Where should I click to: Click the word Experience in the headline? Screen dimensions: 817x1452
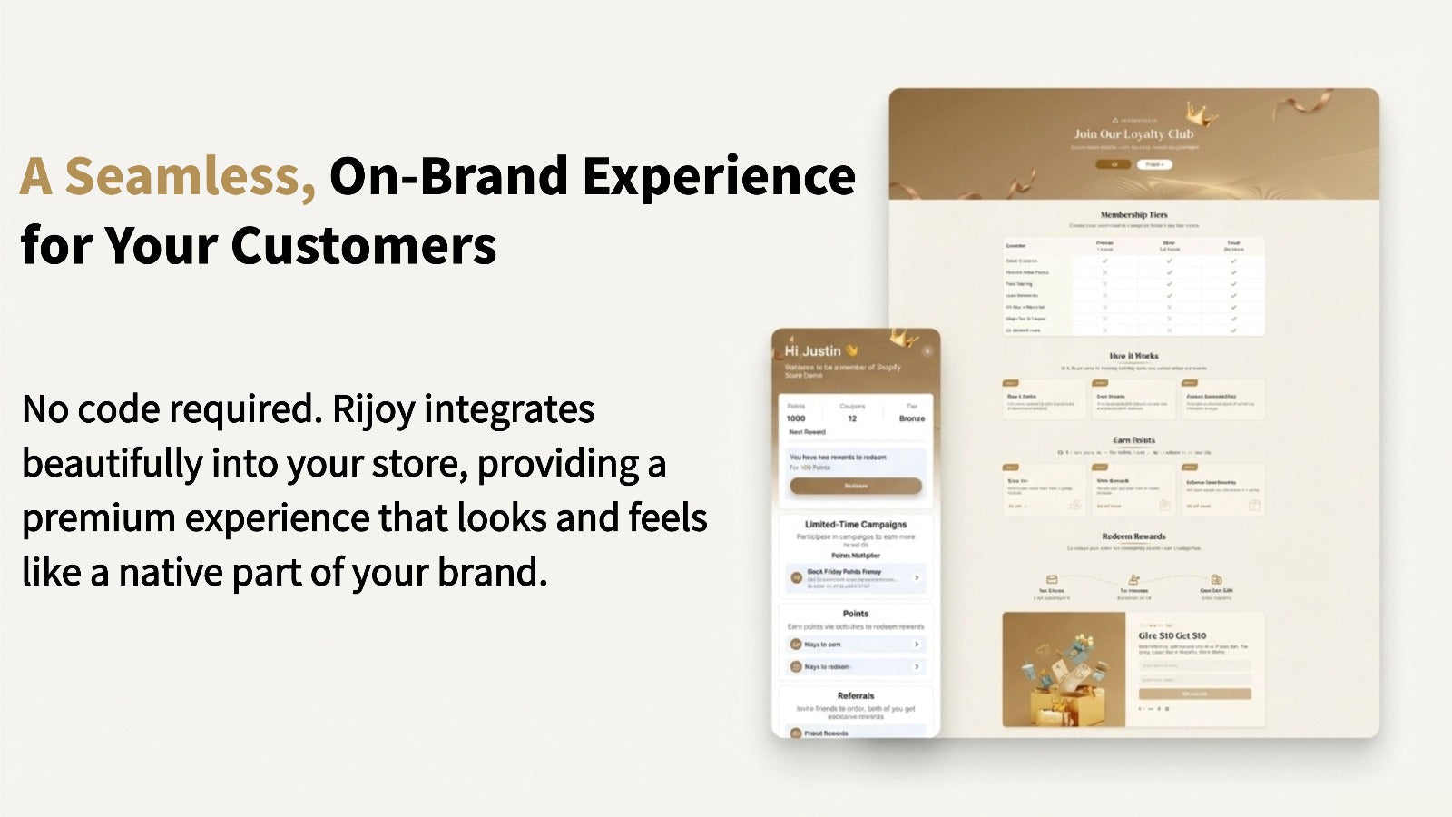click(x=718, y=176)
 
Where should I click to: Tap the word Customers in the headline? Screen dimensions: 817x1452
click(x=363, y=246)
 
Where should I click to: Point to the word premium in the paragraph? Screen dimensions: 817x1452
click(x=98, y=518)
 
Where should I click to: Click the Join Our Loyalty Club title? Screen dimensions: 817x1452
click(x=1133, y=134)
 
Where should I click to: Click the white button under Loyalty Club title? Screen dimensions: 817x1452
click(x=1153, y=164)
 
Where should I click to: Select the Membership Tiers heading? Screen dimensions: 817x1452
click(x=1133, y=215)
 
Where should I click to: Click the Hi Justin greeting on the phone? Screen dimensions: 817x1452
click(x=812, y=351)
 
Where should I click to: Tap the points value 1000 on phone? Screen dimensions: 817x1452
click(x=796, y=418)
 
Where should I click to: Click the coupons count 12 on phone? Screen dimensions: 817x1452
click(x=852, y=418)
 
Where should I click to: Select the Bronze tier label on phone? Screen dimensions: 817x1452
click(x=911, y=418)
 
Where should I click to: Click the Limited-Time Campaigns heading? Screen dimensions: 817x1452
click(x=855, y=525)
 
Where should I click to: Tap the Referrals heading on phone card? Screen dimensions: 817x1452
click(x=855, y=695)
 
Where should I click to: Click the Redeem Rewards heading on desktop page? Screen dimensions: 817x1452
click(x=1133, y=536)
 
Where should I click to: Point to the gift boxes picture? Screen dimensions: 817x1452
click(x=1064, y=670)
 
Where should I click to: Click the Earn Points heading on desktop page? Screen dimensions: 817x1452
click(x=1133, y=440)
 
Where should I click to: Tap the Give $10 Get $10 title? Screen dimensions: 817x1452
click(x=1172, y=635)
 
